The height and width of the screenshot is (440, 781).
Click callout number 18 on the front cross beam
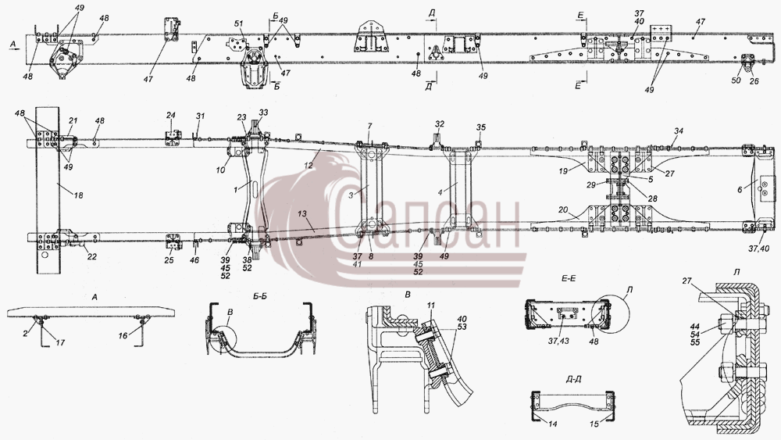pyautogui.click(x=79, y=196)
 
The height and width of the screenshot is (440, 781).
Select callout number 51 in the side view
pyautogui.click(x=238, y=23)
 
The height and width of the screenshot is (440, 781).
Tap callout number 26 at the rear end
pyautogui.click(x=754, y=81)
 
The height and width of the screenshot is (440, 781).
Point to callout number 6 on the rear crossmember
pyautogui.click(x=754, y=189)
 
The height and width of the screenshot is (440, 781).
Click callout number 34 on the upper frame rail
pyautogui.click(x=679, y=131)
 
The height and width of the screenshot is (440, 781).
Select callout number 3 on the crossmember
pyautogui.click(x=352, y=195)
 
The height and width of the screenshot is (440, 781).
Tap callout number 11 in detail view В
pyautogui.click(x=431, y=305)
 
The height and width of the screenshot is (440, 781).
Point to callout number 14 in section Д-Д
pyautogui.click(x=552, y=424)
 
